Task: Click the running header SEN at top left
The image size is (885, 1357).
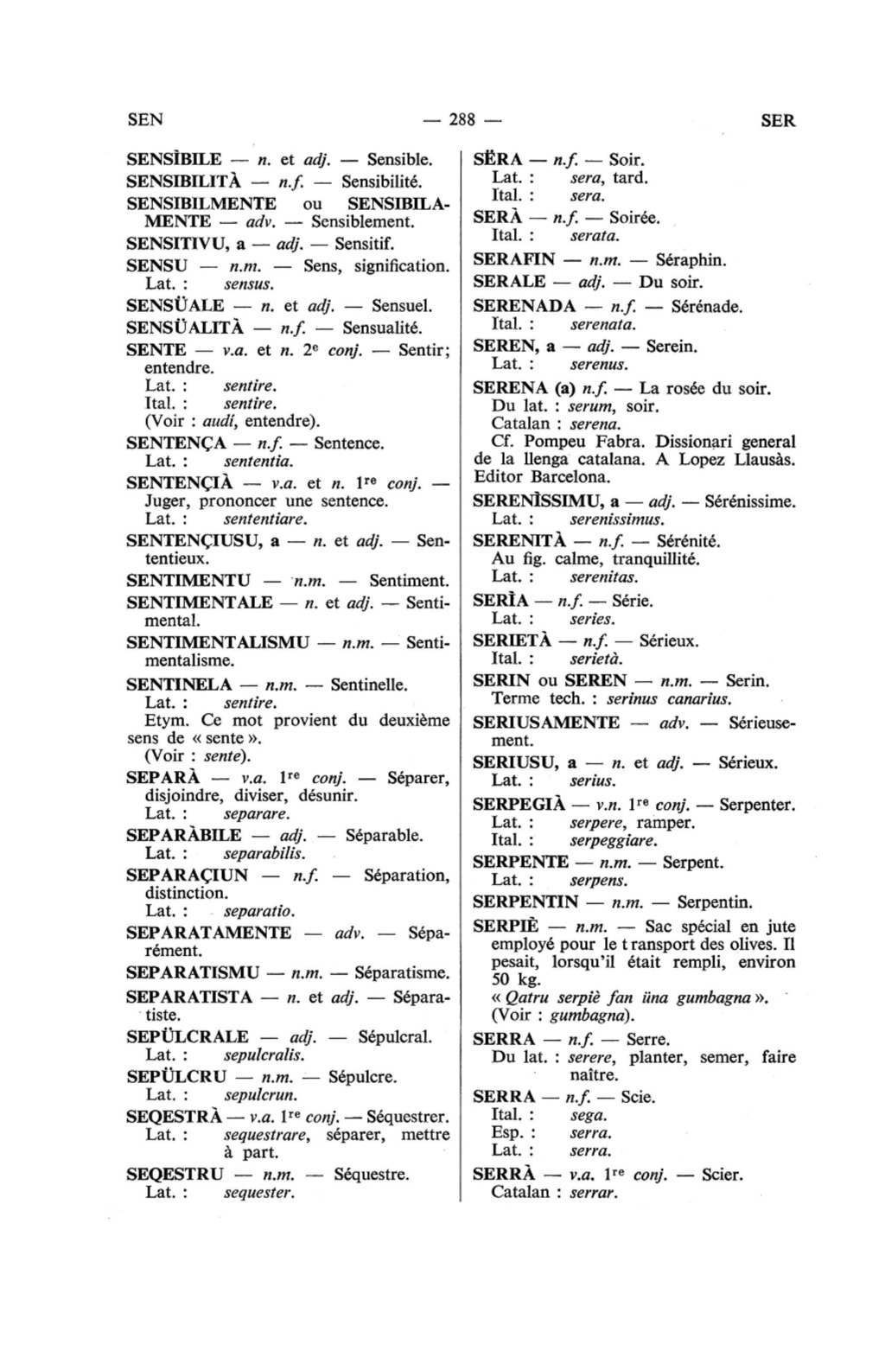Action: click(144, 120)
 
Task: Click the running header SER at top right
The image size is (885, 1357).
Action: click(778, 121)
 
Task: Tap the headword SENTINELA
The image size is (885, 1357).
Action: click(173, 685)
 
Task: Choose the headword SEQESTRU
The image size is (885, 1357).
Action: click(175, 1175)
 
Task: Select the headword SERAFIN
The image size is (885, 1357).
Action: click(513, 259)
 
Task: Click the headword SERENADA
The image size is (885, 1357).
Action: click(524, 306)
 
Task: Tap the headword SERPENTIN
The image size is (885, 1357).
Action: click(525, 902)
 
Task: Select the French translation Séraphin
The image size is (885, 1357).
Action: click(691, 259)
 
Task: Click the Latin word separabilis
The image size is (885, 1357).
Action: click(264, 854)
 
